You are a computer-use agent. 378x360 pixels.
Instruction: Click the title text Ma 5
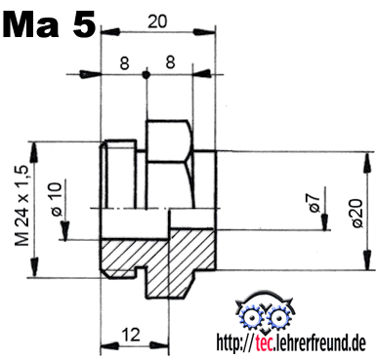coord(50,24)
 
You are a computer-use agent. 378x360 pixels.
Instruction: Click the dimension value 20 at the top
coord(157,21)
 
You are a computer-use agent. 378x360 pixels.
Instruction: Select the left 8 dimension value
coord(124,63)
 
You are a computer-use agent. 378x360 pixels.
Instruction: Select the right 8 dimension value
coord(170,62)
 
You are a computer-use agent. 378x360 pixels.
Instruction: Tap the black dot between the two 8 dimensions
coord(147,75)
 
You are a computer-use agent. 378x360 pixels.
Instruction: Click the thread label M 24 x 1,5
coord(22,206)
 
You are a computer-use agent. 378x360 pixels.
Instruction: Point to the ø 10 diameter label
coord(56,199)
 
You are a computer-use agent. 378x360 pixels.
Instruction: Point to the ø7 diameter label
coord(315,204)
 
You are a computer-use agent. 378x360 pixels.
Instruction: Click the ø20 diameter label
coord(357,213)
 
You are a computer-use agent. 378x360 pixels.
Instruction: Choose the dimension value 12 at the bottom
coord(131,335)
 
